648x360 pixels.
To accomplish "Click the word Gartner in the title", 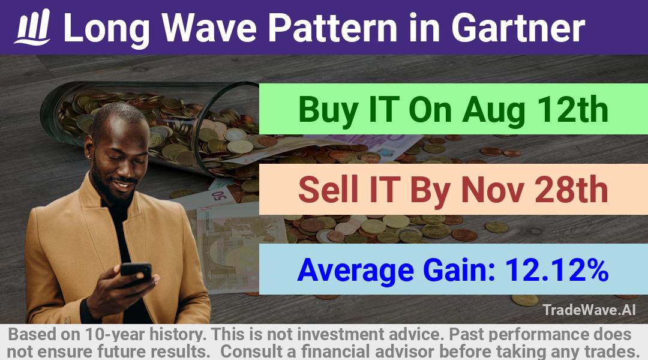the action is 518,28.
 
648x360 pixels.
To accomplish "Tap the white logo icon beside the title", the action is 32,27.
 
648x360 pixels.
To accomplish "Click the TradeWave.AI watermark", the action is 589,310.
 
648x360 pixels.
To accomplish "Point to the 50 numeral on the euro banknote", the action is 218,195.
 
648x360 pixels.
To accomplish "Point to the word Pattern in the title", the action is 333,28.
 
